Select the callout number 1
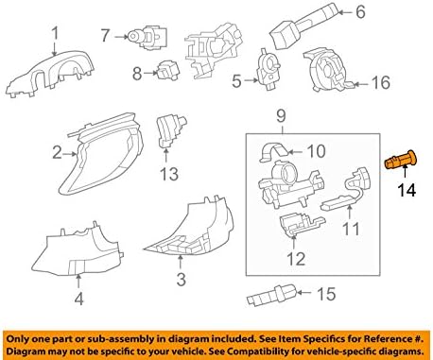click(55, 35)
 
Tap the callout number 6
click(359, 13)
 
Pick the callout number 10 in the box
click(317, 149)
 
